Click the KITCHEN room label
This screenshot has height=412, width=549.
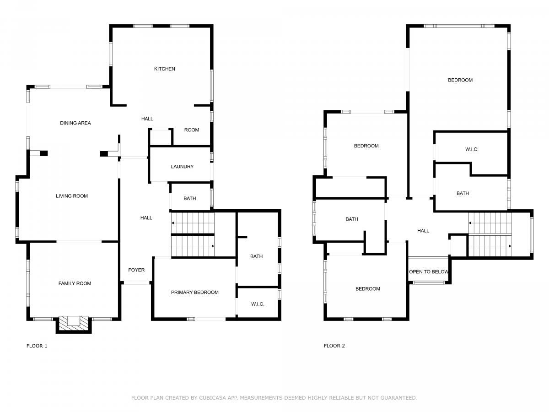click(x=164, y=69)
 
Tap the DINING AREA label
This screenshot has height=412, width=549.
click(x=75, y=123)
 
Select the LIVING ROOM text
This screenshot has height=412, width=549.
click(x=72, y=196)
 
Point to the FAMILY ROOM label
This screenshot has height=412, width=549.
click(x=75, y=283)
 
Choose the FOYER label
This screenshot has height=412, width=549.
click(x=136, y=270)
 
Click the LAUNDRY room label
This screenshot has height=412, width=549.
click(x=182, y=166)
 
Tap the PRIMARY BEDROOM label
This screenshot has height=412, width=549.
click(x=194, y=292)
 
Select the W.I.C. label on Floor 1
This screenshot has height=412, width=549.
click(x=258, y=304)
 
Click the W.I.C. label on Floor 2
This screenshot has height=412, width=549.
click(x=472, y=149)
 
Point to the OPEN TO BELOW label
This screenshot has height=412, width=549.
click(x=429, y=271)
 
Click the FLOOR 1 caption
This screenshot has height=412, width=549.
click(x=37, y=346)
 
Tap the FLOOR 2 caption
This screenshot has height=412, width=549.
click(x=334, y=346)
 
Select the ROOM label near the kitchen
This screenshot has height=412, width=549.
click(x=192, y=130)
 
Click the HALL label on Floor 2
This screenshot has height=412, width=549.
click(x=423, y=231)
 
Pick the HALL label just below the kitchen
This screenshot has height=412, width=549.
click(x=147, y=119)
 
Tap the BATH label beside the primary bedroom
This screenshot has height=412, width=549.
click(x=256, y=256)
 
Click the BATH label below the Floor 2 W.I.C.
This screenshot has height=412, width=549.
click(x=463, y=193)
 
